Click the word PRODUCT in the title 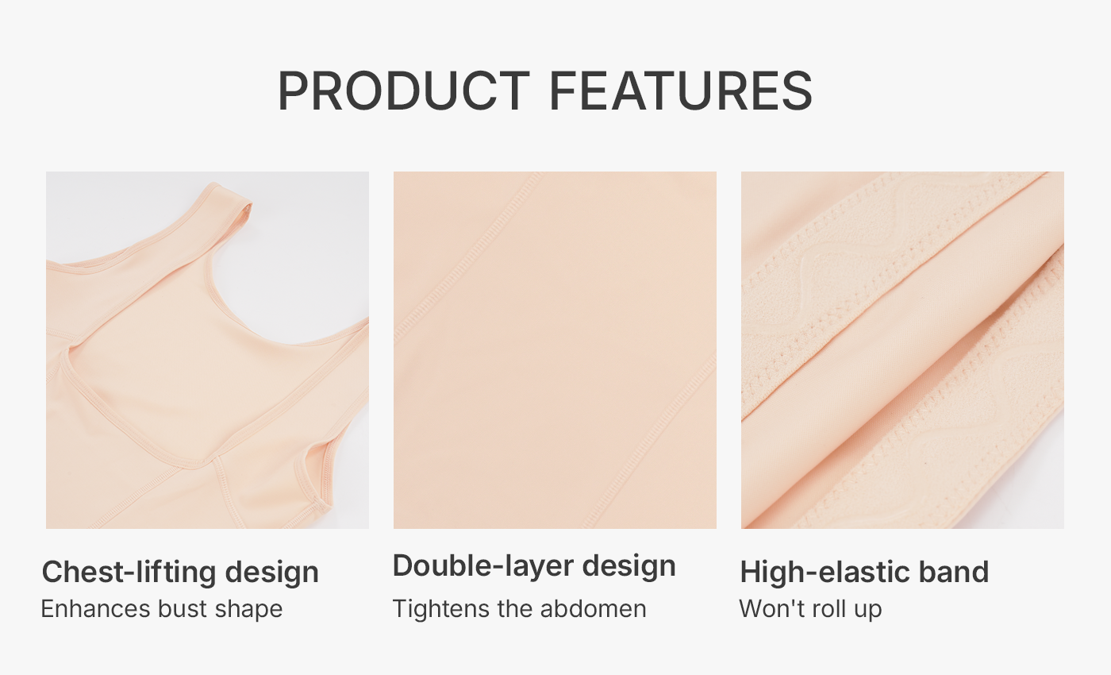coord(404,91)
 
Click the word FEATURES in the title coord(681,91)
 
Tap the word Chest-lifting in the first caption coord(129,572)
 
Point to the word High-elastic coord(825,572)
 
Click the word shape coord(248,610)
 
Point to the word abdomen coord(594,609)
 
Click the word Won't coord(769,609)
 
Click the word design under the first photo coord(271,573)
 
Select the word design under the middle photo coord(629,566)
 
